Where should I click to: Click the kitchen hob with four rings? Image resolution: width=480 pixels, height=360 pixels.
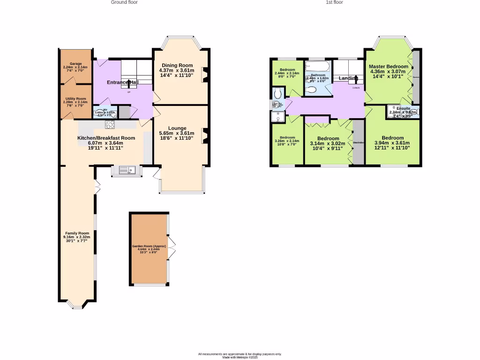pyautogui.click(x=110, y=124)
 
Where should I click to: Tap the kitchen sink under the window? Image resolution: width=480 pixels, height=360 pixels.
pyautogui.click(x=127, y=170)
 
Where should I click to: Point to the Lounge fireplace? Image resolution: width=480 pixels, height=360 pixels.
pyautogui.click(x=204, y=135)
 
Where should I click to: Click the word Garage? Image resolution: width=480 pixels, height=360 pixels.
pyautogui.click(x=75, y=63)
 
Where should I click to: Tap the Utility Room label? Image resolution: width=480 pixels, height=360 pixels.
pyautogui.click(x=75, y=99)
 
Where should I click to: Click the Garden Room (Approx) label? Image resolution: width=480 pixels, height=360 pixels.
pyautogui.click(x=149, y=246)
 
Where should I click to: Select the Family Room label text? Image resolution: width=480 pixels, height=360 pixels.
pyautogui.click(x=77, y=233)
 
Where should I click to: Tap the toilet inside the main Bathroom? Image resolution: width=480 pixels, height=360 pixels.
pyautogui.click(x=312, y=90)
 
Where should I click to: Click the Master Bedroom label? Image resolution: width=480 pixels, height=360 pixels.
pyautogui.click(x=388, y=67)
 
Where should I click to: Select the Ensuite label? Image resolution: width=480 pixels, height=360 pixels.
pyautogui.click(x=403, y=108)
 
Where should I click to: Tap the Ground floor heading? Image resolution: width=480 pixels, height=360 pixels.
pyautogui.click(x=124, y=2)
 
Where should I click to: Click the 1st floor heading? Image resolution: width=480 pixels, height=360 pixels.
pyautogui.click(x=334, y=2)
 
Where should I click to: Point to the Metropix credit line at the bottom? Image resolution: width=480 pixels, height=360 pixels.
pyautogui.click(x=240, y=357)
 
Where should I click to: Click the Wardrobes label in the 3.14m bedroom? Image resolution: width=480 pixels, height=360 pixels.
pyautogui.click(x=358, y=142)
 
